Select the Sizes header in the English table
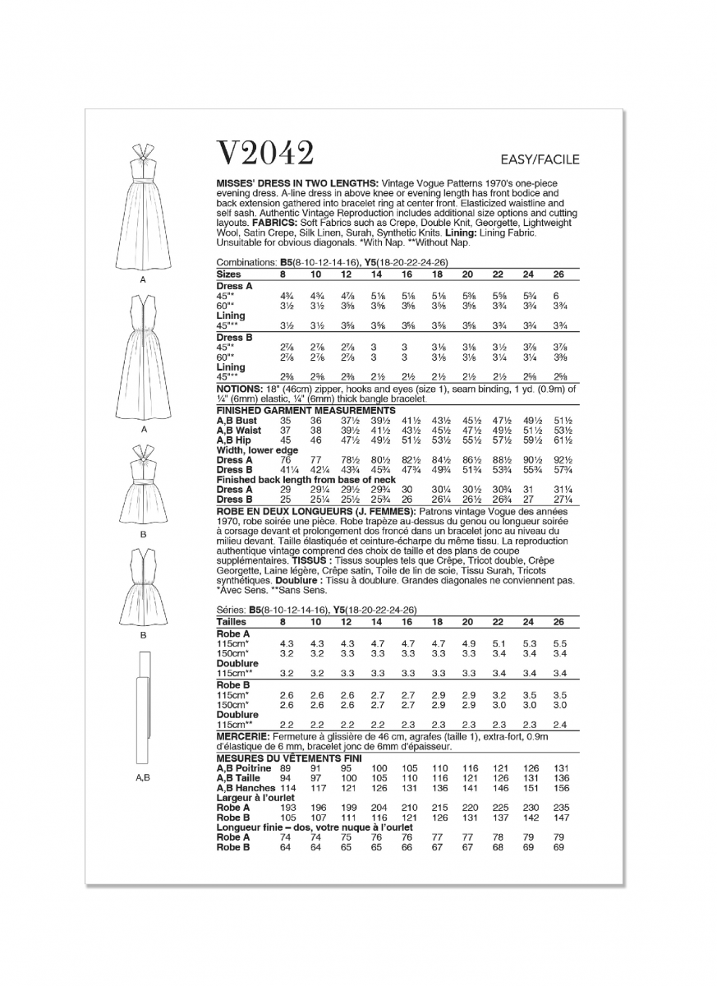229,273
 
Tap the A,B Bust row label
237,420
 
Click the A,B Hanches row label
244,788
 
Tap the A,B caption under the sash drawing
143,776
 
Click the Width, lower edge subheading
257,450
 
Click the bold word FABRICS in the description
276,223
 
